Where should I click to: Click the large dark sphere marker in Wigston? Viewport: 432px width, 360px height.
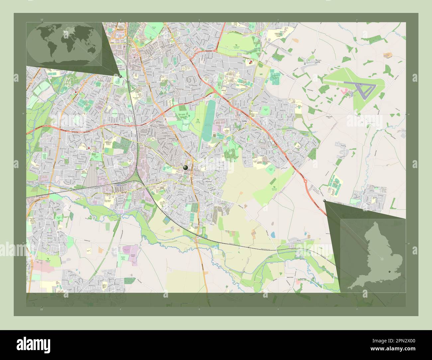click(185, 168)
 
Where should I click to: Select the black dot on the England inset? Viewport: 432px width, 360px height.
click(389, 272)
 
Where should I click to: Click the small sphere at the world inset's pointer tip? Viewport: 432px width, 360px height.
click(120, 76)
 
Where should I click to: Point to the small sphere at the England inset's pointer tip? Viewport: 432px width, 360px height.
click(324, 201)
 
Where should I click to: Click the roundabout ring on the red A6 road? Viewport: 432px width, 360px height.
click(305, 181)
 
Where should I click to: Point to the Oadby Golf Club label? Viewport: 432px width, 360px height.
click(198, 122)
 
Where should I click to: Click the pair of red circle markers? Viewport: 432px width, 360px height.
click(250, 62)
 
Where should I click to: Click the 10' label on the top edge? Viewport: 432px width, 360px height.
click(41, 20)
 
